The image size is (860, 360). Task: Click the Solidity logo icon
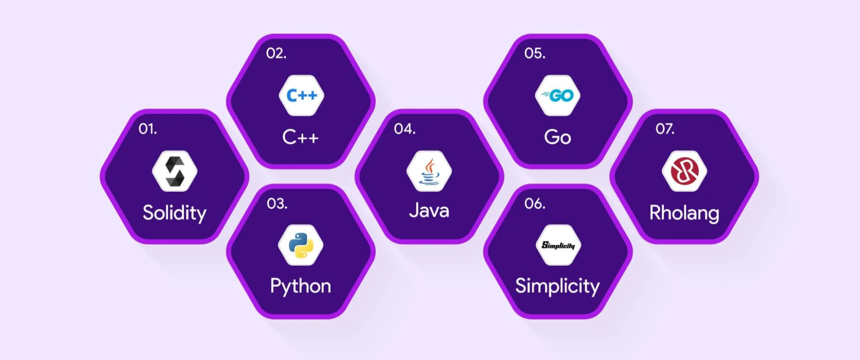coord(175,171)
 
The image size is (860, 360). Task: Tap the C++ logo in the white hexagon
coord(301,95)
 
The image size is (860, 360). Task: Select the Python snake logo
coord(301,245)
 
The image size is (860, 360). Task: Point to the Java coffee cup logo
coord(429,171)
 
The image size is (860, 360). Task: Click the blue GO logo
coord(558,95)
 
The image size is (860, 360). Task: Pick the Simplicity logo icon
coord(558,245)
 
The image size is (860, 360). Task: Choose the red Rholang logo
coord(684,171)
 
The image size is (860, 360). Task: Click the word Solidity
coord(175,212)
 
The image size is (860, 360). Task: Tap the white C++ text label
coord(301,137)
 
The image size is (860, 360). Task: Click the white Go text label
coord(558,137)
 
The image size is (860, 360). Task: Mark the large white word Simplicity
coord(557,286)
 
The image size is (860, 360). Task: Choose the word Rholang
coord(684,213)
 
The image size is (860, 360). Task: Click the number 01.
coord(147,129)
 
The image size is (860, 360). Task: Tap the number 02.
coord(276,53)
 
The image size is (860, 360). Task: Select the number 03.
coord(276,203)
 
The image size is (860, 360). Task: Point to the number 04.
coord(405,129)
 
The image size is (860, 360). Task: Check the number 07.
coord(665,129)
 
